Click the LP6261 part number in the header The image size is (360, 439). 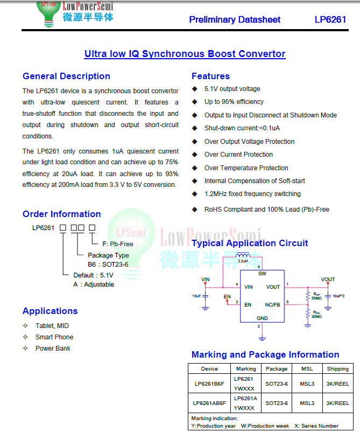tap(330, 19)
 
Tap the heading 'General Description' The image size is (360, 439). tap(66, 76)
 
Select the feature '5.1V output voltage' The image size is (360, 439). tap(232, 89)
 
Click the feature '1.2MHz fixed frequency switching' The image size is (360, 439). tap(252, 194)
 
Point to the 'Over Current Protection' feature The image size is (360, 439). tap(238, 155)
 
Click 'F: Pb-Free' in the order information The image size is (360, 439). tap(118, 244)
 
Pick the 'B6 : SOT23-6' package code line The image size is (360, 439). tap(108, 264)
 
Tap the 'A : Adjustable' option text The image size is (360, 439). tap(94, 284)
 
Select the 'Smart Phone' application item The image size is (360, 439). tap(54, 337)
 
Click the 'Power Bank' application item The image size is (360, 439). tap(53, 349)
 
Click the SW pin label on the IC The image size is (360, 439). tap(262, 274)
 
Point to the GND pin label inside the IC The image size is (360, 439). tap(262, 318)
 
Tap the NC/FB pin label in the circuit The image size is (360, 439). tap(272, 305)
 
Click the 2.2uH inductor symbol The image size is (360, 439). tap(243, 256)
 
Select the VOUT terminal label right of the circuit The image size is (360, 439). tap(328, 280)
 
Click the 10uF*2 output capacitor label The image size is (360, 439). tap(338, 296)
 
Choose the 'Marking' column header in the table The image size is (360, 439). tap(246, 369)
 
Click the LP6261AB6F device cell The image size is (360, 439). tap(209, 403)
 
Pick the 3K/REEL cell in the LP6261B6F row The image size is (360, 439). tap(337, 384)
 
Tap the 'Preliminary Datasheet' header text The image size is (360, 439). tap(235, 19)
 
